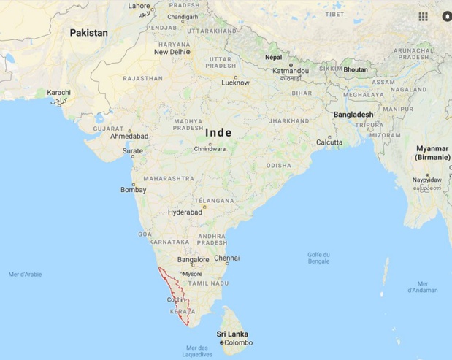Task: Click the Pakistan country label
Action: click(88, 33)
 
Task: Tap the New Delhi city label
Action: click(169, 52)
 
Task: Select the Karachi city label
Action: click(58, 93)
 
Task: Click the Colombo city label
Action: click(237, 342)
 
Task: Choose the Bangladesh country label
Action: click(353, 115)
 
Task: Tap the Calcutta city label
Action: click(329, 142)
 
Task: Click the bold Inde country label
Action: click(219, 132)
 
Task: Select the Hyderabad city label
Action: click(185, 212)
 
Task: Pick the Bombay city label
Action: click(134, 190)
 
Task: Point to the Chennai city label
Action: click(226, 258)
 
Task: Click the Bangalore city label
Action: click(194, 260)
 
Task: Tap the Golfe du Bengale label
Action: click(318, 258)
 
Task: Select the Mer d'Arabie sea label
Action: click(25, 274)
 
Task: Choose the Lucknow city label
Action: click(235, 83)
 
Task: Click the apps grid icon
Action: click(424, 16)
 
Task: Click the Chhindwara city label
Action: click(210, 149)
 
